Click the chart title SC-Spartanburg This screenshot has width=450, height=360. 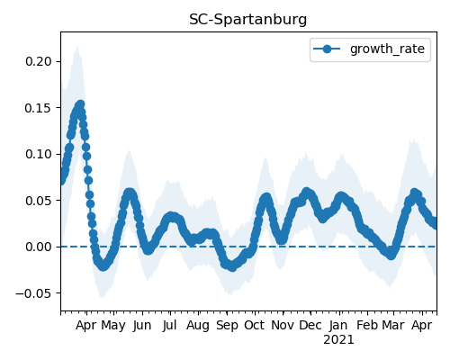[248, 20]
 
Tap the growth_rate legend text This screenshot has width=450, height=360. [387, 49]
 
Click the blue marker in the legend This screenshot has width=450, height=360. [327, 49]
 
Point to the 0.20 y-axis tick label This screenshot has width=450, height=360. [39, 61]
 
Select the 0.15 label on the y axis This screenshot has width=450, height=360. [39, 108]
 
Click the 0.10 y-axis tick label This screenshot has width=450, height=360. [39, 154]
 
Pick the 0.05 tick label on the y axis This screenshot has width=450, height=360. [39, 201]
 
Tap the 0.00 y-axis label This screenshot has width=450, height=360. [39, 247]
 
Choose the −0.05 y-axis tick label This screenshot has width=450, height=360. [34, 293]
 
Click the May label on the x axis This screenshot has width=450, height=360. [113, 326]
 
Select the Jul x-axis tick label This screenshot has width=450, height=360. [169, 325]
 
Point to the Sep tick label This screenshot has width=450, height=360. [227, 326]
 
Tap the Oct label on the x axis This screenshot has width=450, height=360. [255, 325]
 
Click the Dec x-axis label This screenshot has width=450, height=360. [310, 325]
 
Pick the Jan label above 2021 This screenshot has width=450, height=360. [338, 325]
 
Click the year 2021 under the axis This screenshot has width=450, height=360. [338, 340]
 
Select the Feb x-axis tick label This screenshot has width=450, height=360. [367, 325]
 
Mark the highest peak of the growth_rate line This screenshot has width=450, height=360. [80, 104]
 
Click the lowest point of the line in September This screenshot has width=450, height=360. [232, 267]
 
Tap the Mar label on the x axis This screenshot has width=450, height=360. [393, 325]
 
